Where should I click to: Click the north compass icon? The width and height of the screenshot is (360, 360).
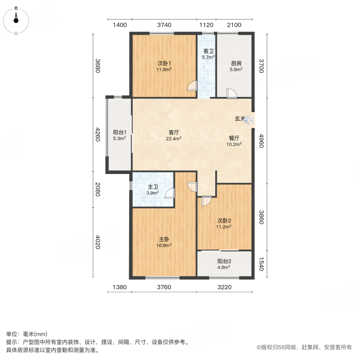(x=16, y=19)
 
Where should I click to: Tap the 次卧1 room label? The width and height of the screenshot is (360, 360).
(x=164, y=66)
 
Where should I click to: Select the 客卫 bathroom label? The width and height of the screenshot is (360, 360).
(x=208, y=54)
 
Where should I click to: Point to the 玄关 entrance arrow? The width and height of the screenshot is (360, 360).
(x=249, y=119)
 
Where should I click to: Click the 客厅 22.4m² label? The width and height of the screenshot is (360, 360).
(x=174, y=136)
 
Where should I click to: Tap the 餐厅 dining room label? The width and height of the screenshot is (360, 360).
(x=234, y=141)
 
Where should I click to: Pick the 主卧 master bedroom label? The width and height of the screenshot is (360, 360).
(x=164, y=242)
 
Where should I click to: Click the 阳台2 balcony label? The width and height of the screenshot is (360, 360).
(x=224, y=264)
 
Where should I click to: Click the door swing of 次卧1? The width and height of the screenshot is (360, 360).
(x=192, y=86)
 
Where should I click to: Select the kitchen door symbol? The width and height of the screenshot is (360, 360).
(x=232, y=93)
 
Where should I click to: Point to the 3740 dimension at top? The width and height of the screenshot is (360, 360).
(x=164, y=25)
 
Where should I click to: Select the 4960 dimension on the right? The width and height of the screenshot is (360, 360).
(x=262, y=141)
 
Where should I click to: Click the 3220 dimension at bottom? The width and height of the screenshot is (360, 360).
(x=224, y=287)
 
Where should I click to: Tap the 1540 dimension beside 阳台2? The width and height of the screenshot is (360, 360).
(x=262, y=264)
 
